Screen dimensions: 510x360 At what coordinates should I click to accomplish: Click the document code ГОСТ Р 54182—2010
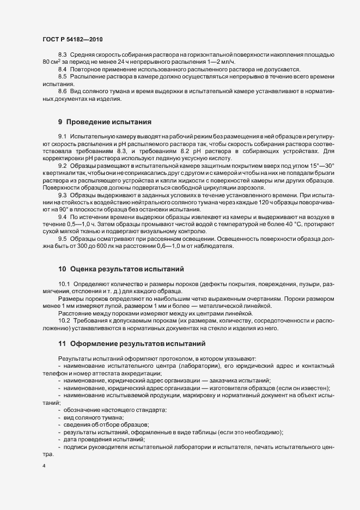[72, 40]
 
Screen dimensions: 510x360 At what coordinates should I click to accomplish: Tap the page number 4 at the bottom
[44, 466]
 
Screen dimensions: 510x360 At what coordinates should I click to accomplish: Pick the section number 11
[63, 344]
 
